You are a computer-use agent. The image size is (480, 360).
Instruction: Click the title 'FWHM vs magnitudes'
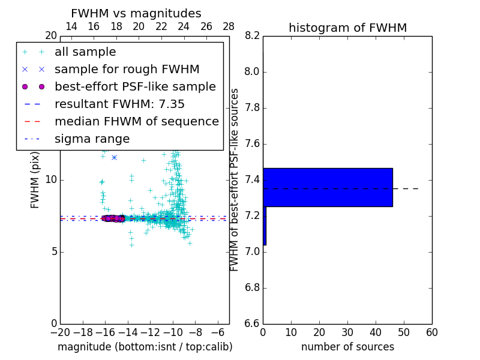136,13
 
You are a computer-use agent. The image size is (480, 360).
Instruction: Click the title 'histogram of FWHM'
347,28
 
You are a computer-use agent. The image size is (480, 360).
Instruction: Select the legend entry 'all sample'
85,52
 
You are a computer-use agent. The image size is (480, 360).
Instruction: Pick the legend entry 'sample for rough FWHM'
127,69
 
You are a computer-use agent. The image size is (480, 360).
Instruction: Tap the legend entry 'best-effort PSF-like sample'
135,86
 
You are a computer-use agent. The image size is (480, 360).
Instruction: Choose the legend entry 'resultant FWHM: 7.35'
119,104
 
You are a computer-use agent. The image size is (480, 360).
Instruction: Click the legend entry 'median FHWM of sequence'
136,121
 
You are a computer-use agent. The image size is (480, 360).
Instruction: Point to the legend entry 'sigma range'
92,139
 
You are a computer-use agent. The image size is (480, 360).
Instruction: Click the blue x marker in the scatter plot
114,157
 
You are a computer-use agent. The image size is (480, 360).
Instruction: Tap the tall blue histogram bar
328,187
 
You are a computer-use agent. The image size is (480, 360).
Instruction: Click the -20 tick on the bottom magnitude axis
60,332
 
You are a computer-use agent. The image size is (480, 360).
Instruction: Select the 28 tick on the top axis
229,26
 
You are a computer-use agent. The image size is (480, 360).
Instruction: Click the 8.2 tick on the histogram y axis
253,36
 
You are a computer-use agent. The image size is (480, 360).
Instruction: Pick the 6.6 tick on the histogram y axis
253,323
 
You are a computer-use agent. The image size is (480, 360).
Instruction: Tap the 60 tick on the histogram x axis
431,332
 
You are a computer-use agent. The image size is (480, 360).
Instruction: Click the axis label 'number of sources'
347,347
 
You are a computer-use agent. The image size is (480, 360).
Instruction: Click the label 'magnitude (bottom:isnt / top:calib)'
145,347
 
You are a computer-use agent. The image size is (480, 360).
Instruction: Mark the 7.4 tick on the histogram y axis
253,180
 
